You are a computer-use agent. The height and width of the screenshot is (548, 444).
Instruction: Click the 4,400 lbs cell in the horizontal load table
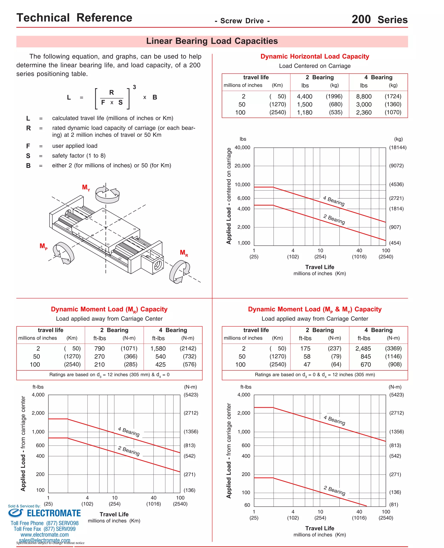pyautogui.click(x=304, y=97)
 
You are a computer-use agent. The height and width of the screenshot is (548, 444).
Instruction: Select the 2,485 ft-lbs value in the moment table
pyautogui.click(x=363, y=349)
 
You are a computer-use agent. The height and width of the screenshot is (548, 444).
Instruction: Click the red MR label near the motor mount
pyautogui.click(x=184, y=253)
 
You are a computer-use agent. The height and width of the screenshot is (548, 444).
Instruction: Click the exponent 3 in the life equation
pyautogui.click(x=134, y=87)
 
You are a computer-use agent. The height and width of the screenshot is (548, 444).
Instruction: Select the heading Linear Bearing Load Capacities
pyautogui.click(x=212, y=41)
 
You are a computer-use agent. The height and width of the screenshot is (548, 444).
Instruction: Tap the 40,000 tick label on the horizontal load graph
pyautogui.click(x=242, y=148)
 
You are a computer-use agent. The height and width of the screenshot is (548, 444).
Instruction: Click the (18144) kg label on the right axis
pyautogui.click(x=397, y=148)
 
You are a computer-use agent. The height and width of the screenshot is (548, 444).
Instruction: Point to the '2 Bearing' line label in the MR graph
pyautogui.click(x=129, y=451)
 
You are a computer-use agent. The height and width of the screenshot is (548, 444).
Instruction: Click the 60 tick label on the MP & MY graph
pyautogui.click(x=247, y=505)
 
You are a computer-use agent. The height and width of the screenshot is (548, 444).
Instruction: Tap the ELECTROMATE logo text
pyautogui.click(x=54, y=513)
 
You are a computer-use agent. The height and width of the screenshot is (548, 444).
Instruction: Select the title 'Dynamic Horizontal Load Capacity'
pyautogui.click(x=315, y=57)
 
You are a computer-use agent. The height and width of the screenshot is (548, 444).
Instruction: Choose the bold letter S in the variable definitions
pyautogui.click(x=28, y=156)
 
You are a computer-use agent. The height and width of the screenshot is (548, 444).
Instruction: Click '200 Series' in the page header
pyautogui.click(x=379, y=19)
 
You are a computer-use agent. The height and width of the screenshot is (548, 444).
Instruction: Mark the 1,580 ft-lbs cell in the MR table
pyautogui.click(x=158, y=349)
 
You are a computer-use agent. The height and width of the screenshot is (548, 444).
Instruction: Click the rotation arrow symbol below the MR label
pyautogui.click(x=180, y=272)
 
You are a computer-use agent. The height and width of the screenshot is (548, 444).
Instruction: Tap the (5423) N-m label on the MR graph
pyautogui.click(x=191, y=395)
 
